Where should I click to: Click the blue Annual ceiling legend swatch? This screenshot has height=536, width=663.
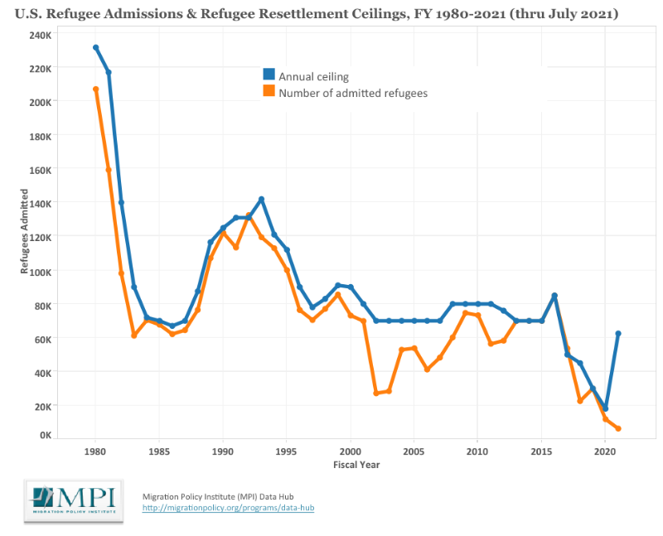tap(269, 75)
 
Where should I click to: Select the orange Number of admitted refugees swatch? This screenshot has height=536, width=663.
tap(269, 91)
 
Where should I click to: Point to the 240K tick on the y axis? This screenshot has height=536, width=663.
tap(39, 35)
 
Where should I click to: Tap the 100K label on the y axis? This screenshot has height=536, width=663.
tap(39, 271)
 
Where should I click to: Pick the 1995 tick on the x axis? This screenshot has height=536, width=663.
tap(287, 452)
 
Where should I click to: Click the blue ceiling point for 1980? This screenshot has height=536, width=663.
tap(96, 48)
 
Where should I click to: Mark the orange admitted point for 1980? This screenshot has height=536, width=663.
tap(96, 89)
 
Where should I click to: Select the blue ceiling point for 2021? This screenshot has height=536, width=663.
tap(618, 333)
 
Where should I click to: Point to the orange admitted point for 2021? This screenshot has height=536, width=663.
tap(618, 428)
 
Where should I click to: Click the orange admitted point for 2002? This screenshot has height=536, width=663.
tap(376, 393)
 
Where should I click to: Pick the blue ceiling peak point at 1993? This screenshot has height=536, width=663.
tap(262, 199)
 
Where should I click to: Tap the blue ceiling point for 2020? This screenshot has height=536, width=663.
tap(606, 408)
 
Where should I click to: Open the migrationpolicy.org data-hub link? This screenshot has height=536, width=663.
tap(228, 507)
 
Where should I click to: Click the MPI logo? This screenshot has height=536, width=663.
tap(74, 501)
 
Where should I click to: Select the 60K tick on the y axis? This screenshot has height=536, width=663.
tap(41, 339)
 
